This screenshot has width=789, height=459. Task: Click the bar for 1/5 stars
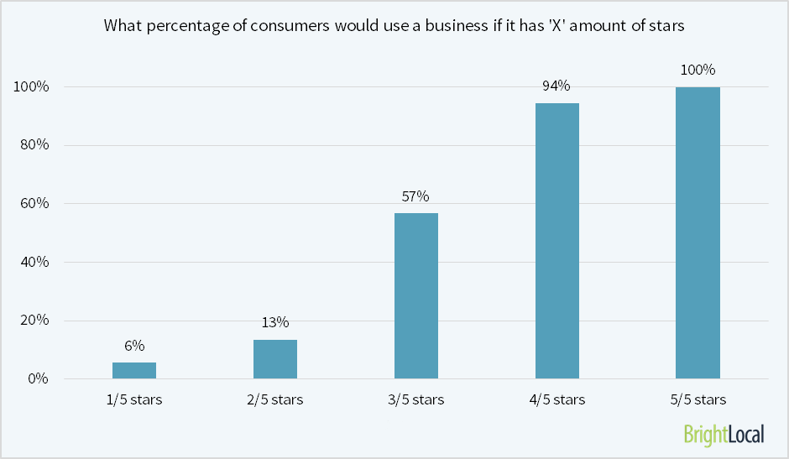click(134, 370)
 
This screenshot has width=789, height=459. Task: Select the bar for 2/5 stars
click(275, 359)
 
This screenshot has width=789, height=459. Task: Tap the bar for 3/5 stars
click(416, 295)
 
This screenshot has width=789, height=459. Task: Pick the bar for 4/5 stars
click(557, 241)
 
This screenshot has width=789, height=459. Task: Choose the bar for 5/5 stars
click(698, 232)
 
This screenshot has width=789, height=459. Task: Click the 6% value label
click(134, 346)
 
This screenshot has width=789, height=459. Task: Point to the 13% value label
click(275, 322)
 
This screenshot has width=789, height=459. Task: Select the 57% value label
click(416, 196)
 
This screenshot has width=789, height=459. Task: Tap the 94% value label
click(557, 86)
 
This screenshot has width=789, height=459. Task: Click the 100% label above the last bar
click(698, 70)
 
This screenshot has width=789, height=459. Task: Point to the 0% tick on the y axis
click(39, 378)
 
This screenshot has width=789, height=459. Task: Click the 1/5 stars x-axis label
click(134, 399)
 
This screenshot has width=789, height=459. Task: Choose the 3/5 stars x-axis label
click(416, 399)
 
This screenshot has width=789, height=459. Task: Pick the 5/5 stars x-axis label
click(698, 399)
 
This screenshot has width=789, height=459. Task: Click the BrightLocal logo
click(724, 434)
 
